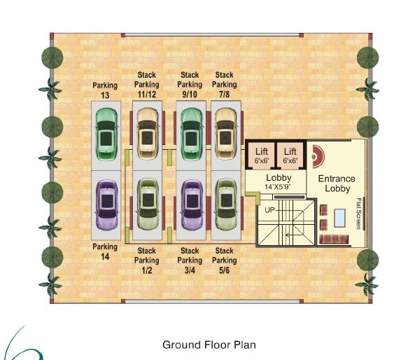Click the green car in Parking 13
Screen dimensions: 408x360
click(x=106, y=134)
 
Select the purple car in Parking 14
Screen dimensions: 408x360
click(x=106, y=205)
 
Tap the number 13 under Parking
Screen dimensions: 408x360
click(x=105, y=95)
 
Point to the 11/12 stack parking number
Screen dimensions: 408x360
click(x=147, y=95)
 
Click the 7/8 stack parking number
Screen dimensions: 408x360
click(x=225, y=95)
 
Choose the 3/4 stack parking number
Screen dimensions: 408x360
click(x=190, y=270)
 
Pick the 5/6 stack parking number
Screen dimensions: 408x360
click(x=225, y=270)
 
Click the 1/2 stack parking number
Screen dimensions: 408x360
click(x=147, y=270)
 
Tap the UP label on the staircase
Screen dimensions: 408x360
click(x=269, y=209)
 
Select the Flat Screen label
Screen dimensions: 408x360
click(x=358, y=214)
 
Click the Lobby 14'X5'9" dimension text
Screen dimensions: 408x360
click(x=278, y=187)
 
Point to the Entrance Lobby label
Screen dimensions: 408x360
click(x=337, y=184)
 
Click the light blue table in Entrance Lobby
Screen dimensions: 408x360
click(x=339, y=218)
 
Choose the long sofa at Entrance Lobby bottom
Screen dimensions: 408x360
click(x=334, y=239)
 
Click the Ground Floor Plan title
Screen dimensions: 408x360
click(x=209, y=345)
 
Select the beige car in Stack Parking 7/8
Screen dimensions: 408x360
click(x=226, y=134)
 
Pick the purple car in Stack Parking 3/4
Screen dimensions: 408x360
click(x=192, y=205)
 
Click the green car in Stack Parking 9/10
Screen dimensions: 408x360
click(x=192, y=134)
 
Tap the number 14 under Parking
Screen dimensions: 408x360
click(x=105, y=257)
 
